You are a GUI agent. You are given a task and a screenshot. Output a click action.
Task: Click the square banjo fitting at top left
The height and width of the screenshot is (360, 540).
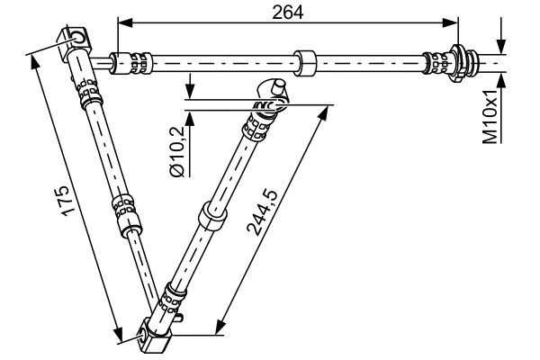click(x=77, y=40)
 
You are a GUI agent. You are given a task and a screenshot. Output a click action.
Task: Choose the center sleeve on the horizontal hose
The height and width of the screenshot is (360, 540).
click(x=307, y=63)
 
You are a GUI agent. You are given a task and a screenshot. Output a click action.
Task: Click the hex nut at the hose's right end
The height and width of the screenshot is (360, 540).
click(x=466, y=62)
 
